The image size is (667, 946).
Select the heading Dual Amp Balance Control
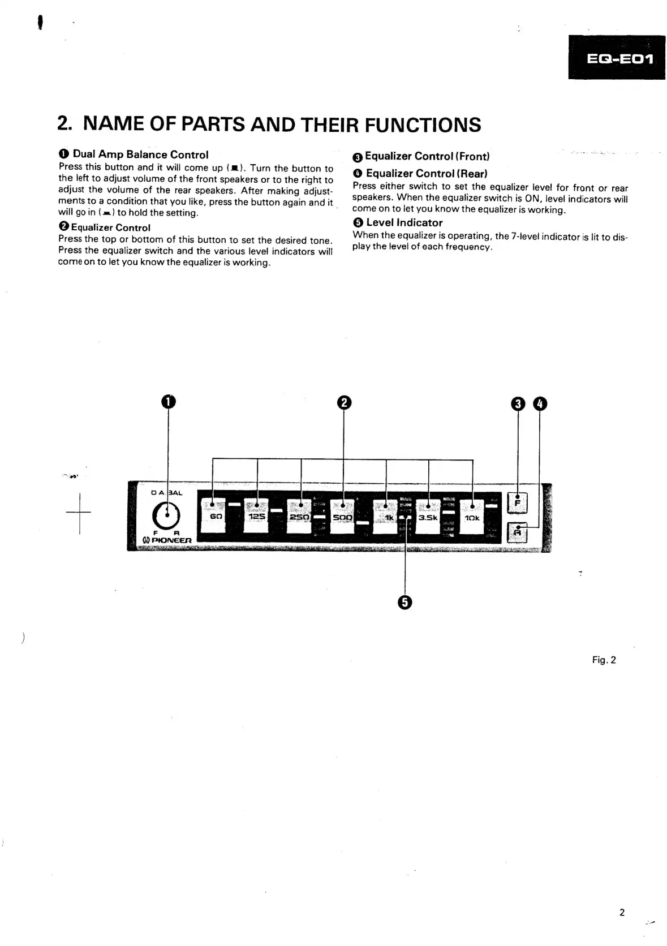(x=140, y=154)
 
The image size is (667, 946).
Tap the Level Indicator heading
(x=404, y=223)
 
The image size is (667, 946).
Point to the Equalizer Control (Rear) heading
(x=426, y=174)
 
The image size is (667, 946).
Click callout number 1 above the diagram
(x=168, y=402)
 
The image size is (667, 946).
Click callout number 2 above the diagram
(x=344, y=403)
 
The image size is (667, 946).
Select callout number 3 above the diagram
(x=518, y=404)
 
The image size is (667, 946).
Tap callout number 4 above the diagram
(x=540, y=404)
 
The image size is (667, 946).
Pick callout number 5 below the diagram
(x=404, y=603)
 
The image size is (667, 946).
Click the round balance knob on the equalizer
(x=166, y=516)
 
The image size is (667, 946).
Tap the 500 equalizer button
(x=343, y=517)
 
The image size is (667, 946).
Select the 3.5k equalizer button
(x=428, y=517)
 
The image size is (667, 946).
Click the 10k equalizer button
(x=472, y=517)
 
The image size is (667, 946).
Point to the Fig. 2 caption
(x=604, y=660)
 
